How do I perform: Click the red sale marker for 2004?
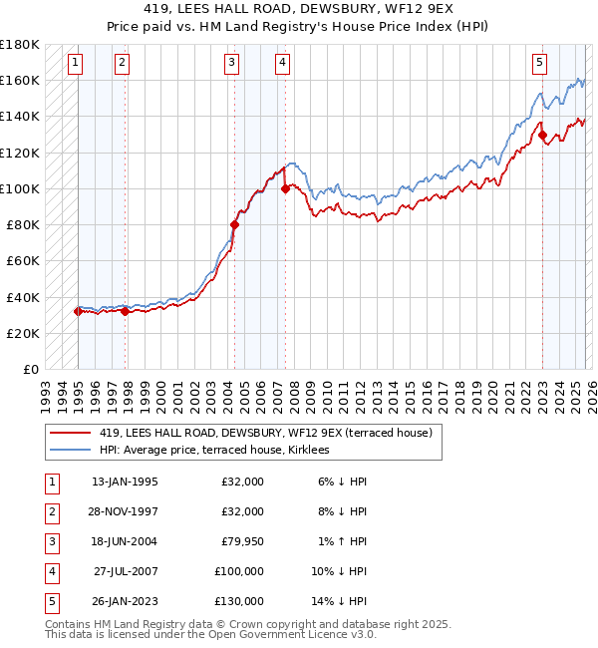[x=235, y=224]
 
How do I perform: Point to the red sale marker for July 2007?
[x=286, y=187]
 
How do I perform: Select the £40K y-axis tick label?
[x=23, y=297]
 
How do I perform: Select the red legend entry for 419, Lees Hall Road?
[x=265, y=433]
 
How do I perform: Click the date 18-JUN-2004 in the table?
[x=124, y=541]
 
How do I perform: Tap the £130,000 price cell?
[x=238, y=601]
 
